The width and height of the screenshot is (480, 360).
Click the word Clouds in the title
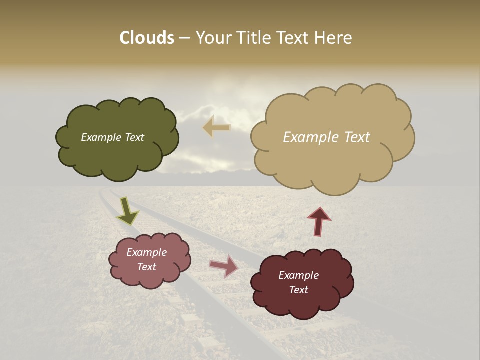[146, 38]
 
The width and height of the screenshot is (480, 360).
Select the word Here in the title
[333, 38]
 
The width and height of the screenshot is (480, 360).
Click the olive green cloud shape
[117, 155]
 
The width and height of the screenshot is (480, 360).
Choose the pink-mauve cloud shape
[150, 277]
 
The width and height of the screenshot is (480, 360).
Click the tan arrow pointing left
[216, 127]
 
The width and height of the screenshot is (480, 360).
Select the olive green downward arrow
[127, 211]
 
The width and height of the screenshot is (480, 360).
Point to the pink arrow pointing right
[224, 266]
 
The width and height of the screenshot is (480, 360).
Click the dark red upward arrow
[319, 221]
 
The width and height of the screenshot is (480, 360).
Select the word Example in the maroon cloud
[298, 275]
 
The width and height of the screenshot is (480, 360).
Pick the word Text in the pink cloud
[147, 267]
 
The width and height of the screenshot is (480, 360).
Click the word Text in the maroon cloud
[298, 290]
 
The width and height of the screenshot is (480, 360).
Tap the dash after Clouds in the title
[184, 38]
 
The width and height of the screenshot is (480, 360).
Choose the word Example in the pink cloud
[147, 252]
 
